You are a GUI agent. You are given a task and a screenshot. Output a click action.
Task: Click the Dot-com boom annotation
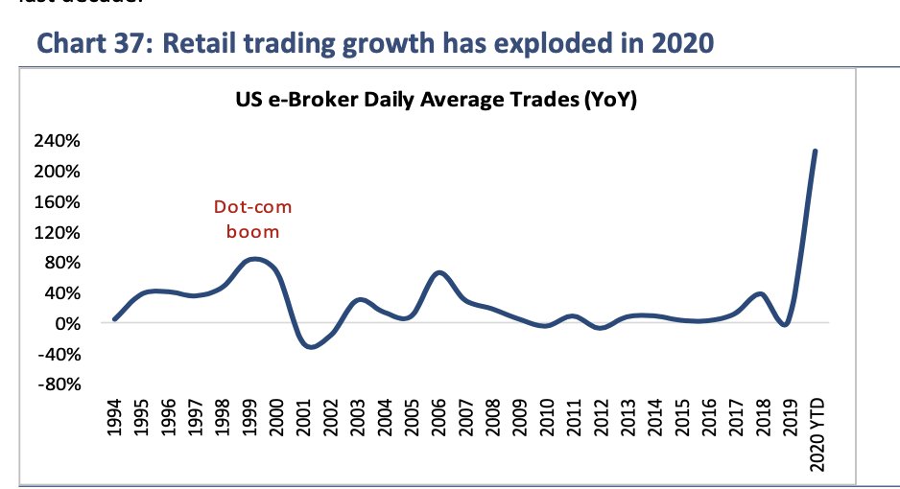click(252, 219)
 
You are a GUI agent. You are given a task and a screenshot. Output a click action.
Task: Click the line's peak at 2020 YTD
click(815, 151)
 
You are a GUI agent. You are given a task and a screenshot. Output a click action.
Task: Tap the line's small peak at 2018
click(761, 293)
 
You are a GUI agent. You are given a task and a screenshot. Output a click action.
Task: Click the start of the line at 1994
click(114, 319)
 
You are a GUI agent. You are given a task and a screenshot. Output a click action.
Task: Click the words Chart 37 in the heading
click(95, 44)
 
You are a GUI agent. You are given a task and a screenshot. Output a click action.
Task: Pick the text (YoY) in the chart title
click(609, 99)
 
